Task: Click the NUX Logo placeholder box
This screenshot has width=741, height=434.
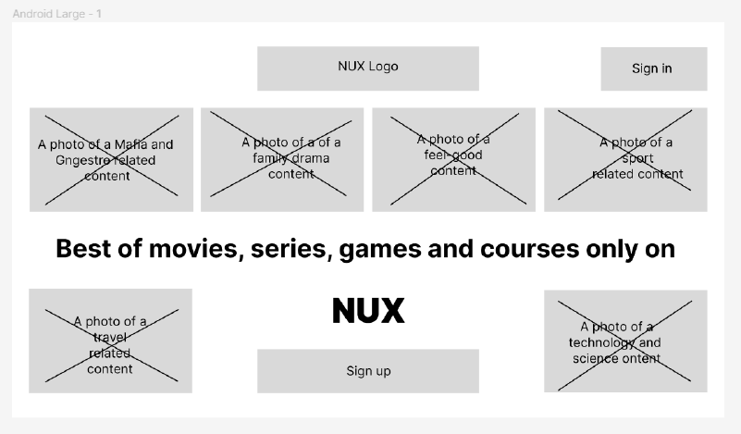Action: click(x=367, y=68)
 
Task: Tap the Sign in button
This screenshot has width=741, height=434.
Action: click(x=653, y=68)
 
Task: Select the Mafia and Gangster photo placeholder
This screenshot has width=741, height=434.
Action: click(x=111, y=159)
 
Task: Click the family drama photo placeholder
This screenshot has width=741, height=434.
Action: click(x=282, y=159)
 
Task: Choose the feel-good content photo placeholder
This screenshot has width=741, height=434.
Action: click(x=453, y=159)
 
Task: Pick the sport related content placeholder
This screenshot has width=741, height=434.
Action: click(x=625, y=159)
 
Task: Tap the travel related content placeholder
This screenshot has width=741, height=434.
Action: click(x=110, y=341)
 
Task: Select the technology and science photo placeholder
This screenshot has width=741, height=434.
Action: click(x=625, y=341)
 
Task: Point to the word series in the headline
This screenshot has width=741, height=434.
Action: click(x=289, y=249)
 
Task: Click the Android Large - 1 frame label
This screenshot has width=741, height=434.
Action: click(x=57, y=14)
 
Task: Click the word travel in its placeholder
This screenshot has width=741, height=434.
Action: click(x=110, y=338)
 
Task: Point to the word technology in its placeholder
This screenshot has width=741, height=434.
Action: click(x=601, y=343)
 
